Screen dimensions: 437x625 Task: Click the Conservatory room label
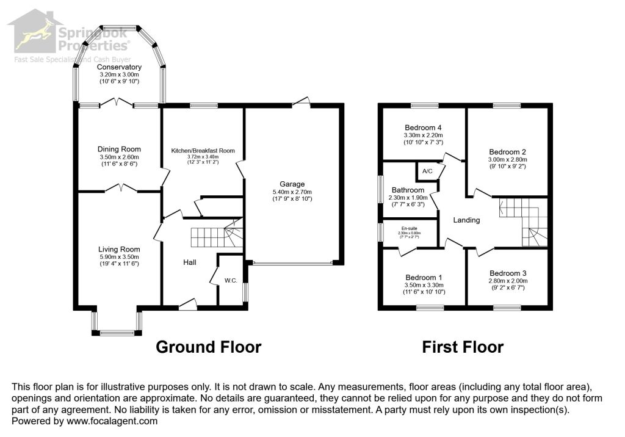click(119, 67)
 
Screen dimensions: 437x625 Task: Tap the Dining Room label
click(119, 149)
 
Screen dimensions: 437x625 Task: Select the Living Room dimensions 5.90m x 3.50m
click(119, 258)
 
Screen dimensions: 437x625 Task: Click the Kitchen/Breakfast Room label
click(203, 150)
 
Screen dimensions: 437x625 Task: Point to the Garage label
click(292, 184)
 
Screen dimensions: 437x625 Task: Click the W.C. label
click(231, 281)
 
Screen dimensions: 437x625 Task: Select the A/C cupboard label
click(427, 172)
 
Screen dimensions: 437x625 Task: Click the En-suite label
click(408, 228)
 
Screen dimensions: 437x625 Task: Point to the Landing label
click(466, 220)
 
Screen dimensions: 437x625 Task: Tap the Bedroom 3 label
click(508, 273)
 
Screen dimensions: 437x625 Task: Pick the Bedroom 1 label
click(424, 277)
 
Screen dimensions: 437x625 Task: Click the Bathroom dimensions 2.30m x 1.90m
click(408, 198)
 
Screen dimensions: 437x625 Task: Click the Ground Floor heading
click(209, 347)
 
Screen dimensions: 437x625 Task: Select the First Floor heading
click(463, 347)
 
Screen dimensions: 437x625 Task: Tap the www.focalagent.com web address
click(112, 421)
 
